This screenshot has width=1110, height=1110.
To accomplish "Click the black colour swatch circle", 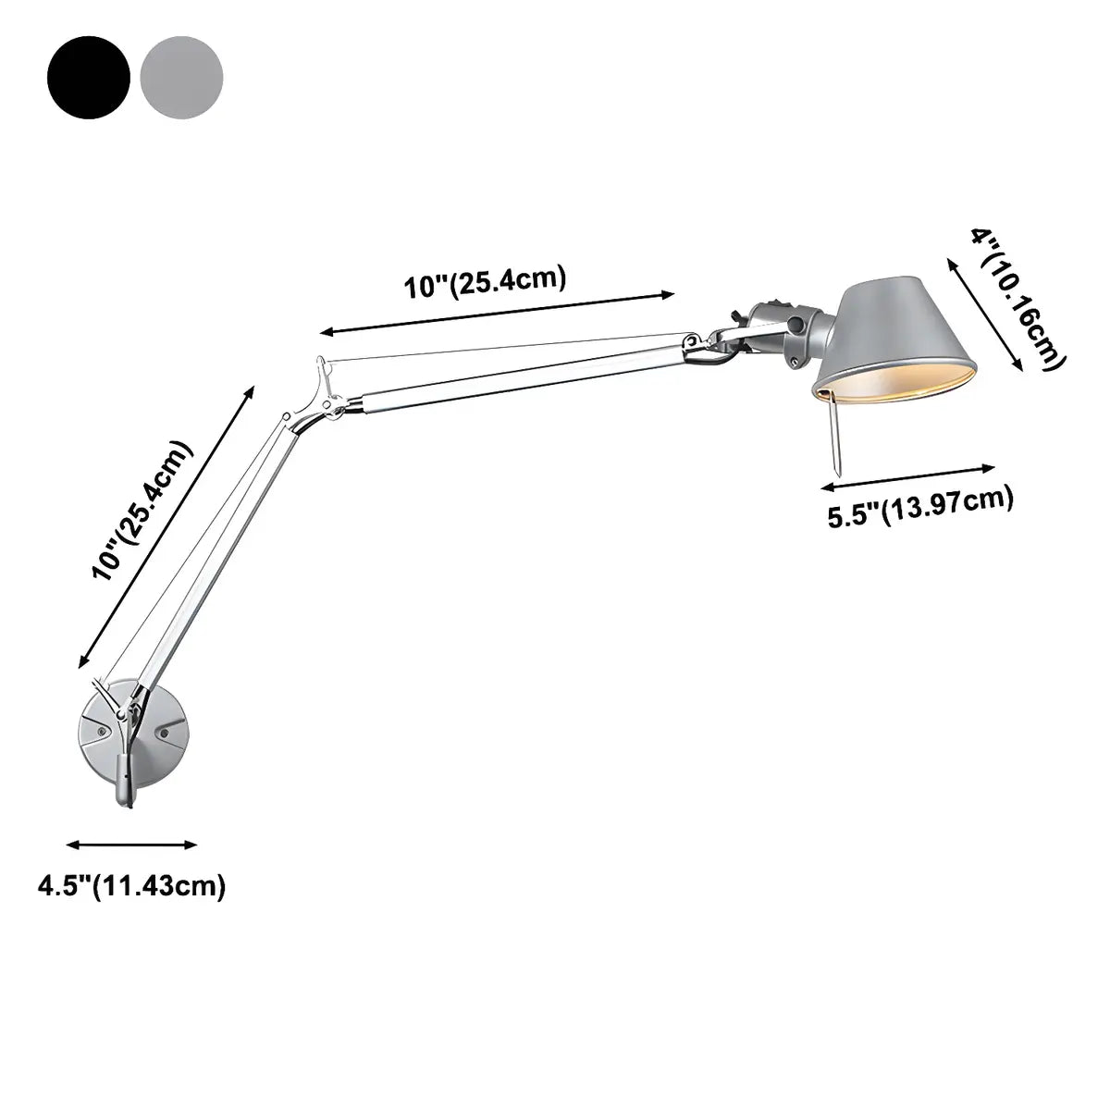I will (x=89, y=76).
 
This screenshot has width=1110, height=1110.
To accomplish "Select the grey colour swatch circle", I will (x=181, y=76).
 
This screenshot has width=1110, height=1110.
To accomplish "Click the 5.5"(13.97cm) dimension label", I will (x=920, y=508).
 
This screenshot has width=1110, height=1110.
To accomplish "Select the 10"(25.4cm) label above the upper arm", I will (x=484, y=282).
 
